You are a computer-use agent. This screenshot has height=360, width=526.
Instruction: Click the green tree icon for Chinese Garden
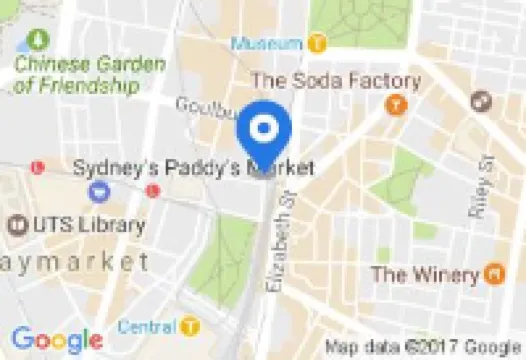(x=38, y=41)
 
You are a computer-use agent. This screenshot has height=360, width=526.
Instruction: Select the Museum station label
(x=267, y=44)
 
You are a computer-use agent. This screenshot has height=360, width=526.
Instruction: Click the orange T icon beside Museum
(x=317, y=44)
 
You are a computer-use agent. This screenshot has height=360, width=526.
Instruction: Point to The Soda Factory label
(x=334, y=80)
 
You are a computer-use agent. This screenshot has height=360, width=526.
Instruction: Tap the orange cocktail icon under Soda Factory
(x=396, y=103)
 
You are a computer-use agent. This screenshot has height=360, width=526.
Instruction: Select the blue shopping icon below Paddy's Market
(x=98, y=190)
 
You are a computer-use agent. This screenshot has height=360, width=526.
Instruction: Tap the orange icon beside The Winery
(x=493, y=272)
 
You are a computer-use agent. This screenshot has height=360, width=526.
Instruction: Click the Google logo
(x=56, y=338)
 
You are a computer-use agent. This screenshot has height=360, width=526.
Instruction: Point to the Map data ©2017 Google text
(x=425, y=346)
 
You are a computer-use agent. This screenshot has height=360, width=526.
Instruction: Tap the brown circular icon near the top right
(x=481, y=101)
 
